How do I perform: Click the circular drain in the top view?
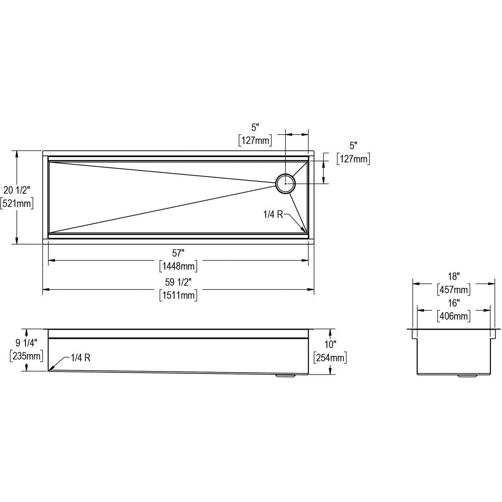point(285,183)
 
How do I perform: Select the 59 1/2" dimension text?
point(178,282)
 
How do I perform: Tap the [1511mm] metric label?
point(178,295)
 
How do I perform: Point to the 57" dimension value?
point(178,253)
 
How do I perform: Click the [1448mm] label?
point(178,266)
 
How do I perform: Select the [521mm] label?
point(17,203)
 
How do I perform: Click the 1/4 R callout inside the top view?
point(273,215)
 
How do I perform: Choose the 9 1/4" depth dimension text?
point(27,343)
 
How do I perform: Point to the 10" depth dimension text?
point(330,344)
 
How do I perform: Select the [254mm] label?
point(330,358)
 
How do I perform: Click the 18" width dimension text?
point(453,276)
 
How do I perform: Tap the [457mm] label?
point(453,289)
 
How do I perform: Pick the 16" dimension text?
point(453,302)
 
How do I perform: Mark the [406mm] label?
point(453,316)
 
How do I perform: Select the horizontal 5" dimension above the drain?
point(256,127)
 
